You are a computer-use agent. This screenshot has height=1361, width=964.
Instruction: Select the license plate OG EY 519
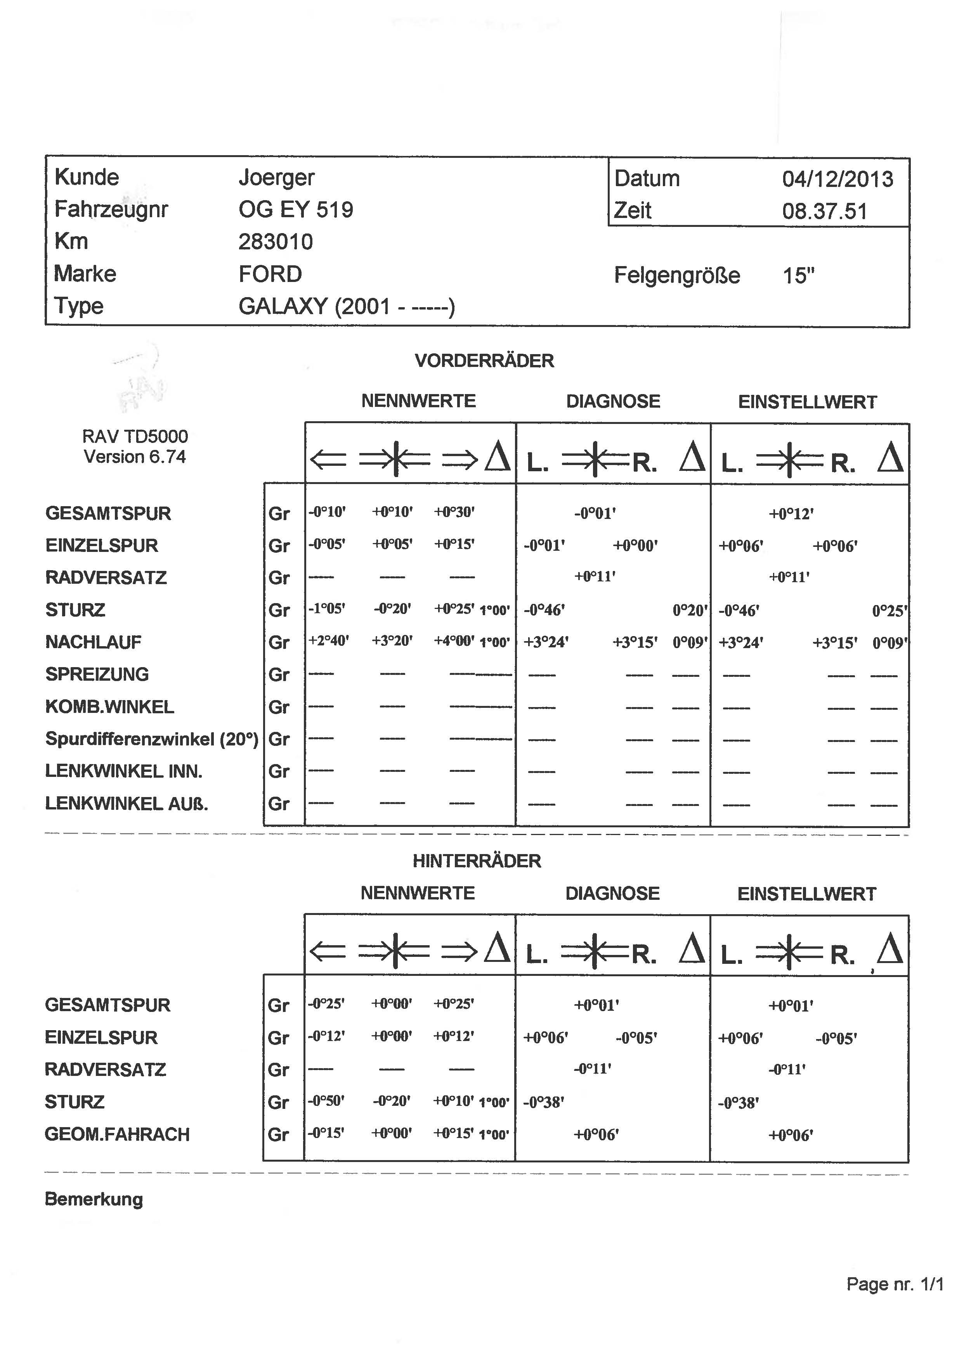(296, 209)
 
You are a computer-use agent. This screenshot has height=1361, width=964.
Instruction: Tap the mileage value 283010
(276, 242)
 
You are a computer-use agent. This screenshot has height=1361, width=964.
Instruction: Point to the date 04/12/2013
(837, 179)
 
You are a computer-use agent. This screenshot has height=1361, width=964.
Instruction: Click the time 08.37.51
(825, 211)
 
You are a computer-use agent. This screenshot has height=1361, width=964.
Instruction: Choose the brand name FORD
(270, 274)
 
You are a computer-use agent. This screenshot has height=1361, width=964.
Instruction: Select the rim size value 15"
(798, 276)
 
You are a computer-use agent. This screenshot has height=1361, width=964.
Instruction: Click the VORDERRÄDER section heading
(484, 361)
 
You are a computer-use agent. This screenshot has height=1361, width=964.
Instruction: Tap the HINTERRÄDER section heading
(477, 861)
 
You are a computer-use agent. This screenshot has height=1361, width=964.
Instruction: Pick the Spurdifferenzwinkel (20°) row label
(151, 738)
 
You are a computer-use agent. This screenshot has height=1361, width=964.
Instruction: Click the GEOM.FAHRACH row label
(117, 1134)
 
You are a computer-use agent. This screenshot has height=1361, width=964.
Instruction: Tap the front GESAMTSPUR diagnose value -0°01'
(595, 513)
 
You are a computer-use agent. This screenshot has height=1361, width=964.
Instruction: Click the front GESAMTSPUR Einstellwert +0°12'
(791, 514)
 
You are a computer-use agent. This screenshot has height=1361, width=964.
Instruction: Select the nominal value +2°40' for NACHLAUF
(328, 641)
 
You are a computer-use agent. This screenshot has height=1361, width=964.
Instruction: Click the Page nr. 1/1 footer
(895, 1285)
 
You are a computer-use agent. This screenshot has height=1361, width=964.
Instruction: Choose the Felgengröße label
(677, 276)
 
